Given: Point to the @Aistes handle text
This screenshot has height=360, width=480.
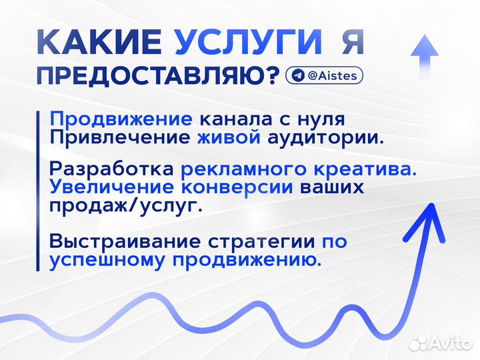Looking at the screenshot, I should (333, 75).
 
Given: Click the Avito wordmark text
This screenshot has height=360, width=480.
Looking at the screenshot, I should (451, 343).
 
